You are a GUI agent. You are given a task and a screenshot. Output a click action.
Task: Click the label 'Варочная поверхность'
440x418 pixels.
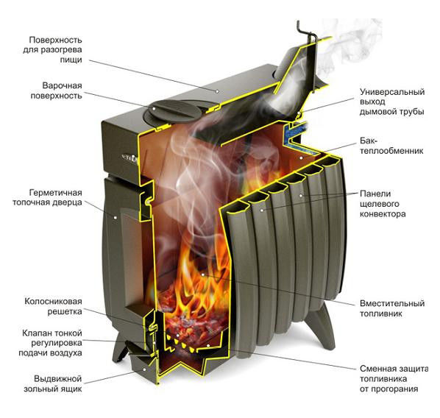coord(56,91)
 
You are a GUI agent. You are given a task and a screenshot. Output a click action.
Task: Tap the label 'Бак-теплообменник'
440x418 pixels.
coord(391,146)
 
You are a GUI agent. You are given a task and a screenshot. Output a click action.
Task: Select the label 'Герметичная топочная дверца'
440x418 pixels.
coord(47,198)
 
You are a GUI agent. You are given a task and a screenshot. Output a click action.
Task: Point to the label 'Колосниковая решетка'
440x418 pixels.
coord(53,306)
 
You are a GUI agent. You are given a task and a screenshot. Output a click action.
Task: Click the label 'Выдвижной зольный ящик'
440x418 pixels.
coord(53,383)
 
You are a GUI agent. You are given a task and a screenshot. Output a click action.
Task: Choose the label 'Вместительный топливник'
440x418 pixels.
coord(392,308)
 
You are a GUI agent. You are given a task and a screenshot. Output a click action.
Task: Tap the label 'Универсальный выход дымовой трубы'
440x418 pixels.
coord(392,102)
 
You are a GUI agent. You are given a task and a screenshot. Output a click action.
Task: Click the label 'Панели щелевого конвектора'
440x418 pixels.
coord(383,204)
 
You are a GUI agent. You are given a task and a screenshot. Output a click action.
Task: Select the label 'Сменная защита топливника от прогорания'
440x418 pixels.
coord(394,379)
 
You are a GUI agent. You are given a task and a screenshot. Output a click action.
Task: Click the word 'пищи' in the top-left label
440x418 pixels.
coord(71,60)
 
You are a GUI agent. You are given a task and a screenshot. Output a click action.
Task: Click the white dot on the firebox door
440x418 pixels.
coord(115,217)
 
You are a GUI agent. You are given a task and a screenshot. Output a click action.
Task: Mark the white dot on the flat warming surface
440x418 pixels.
coord(217,91)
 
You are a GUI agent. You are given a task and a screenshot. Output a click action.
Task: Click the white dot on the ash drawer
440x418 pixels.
coord(144,369)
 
